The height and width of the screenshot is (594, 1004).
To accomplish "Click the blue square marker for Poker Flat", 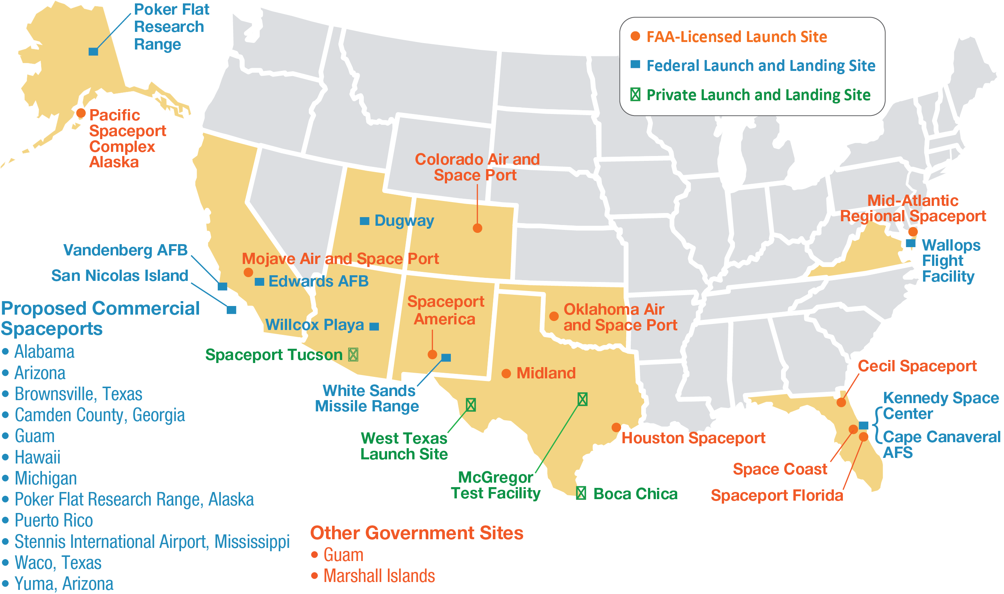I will click(93, 51).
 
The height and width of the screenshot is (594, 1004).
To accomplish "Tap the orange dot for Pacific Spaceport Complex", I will click(81, 113).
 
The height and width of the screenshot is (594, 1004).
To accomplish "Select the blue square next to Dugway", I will click(364, 221).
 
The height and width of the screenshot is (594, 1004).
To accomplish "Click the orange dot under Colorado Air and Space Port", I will click(477, 228).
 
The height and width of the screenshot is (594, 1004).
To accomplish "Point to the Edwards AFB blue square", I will click(259, 282).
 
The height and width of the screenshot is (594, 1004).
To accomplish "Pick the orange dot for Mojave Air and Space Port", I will click(248, 273).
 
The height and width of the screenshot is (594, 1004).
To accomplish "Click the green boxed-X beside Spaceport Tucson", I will click(353, 355).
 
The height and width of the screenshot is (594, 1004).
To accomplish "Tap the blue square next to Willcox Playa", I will click(374, 327).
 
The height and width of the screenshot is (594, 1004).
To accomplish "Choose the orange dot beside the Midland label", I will click(506, 373).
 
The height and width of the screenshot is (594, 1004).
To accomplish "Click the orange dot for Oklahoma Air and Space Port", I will click(554, 316).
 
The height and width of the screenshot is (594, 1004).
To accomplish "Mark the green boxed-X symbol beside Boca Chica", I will click(581, 493).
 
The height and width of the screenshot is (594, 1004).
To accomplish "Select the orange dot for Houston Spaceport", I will click(616, 427).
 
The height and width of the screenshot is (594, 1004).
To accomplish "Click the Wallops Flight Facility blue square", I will click(911, 243).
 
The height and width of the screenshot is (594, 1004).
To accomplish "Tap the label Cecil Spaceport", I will click(917, 366).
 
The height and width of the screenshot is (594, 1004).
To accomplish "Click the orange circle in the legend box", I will click(635, 36).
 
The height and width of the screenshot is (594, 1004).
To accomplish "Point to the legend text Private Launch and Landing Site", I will click(759, 95).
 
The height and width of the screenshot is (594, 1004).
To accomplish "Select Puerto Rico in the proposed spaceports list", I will click(54, 520).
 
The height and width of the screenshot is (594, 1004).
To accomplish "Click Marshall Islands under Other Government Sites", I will click(379, 576).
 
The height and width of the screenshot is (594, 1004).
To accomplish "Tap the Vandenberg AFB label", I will click(125, 250).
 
